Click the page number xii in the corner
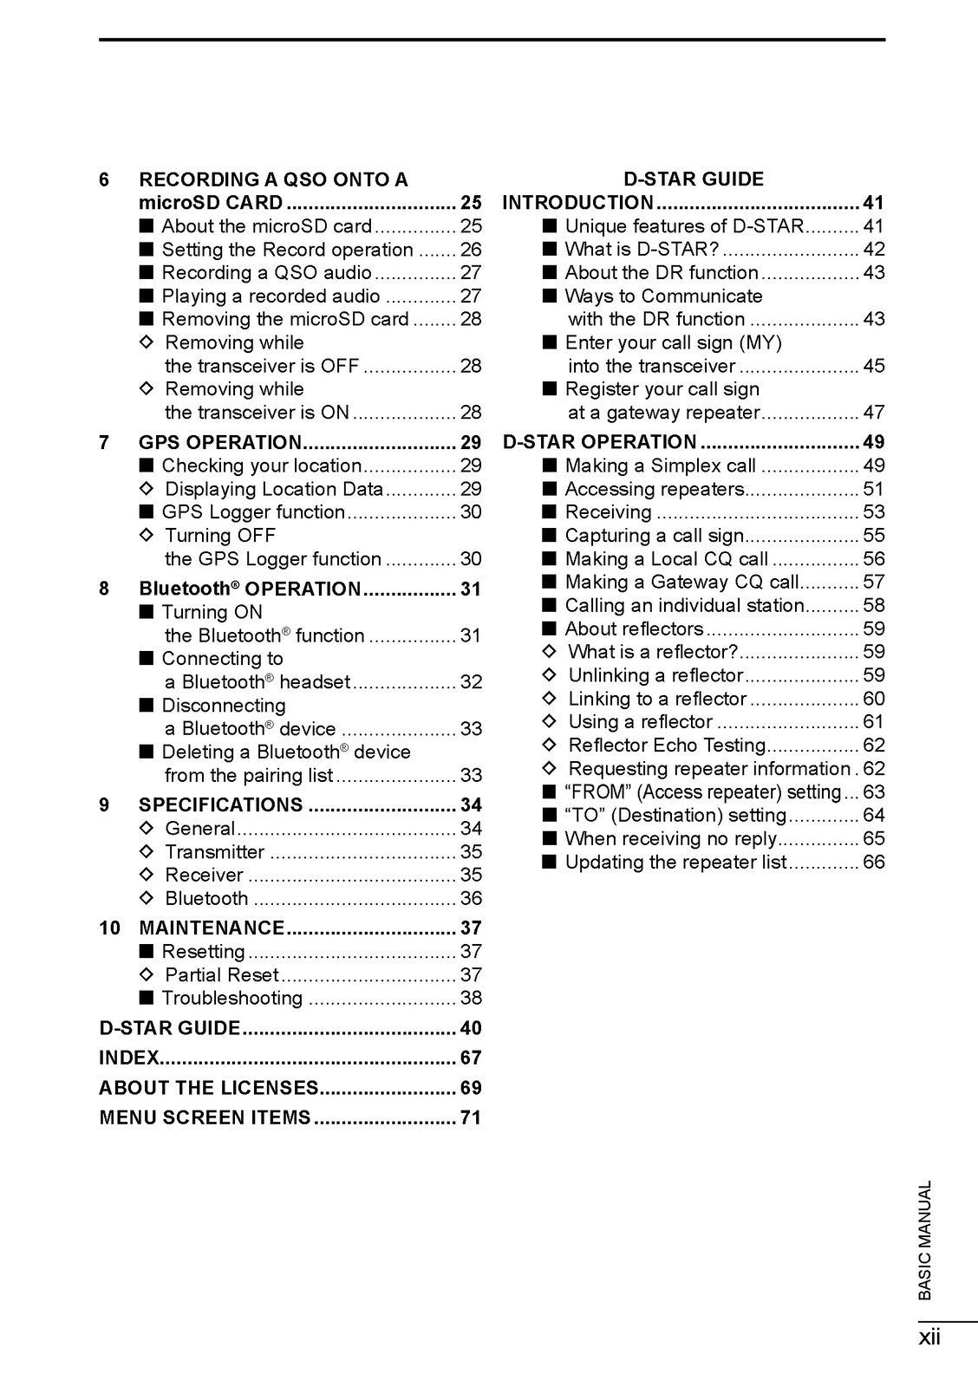(x=929, y=1338)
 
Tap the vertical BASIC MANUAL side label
(x=925, y=1240)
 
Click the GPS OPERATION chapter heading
(x=220, y=442)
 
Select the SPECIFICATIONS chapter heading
(x=220, y=804)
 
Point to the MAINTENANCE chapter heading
(x=212, y=928)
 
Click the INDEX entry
(x=129, y=1058)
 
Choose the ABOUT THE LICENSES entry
(x=209, y=1088)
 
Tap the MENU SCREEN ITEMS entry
(x=205, y=1117)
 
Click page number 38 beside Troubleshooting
(x=471, y=998)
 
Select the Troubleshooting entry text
(x=231, y=998)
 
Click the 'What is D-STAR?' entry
(x=642, y=250)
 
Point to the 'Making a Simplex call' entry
(x=661, y=466)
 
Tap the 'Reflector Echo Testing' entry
(x=667, y=745)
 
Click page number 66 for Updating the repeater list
(x=874, y=862)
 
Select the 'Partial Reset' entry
(x=222, y=974)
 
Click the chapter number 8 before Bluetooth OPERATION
(x=104, y=589)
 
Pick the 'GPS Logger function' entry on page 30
(x=253, y=512)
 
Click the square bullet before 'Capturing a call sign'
(x=549, y=536)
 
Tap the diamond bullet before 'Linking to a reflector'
(x=549, y=699)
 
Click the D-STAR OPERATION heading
(x=600, y=442)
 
